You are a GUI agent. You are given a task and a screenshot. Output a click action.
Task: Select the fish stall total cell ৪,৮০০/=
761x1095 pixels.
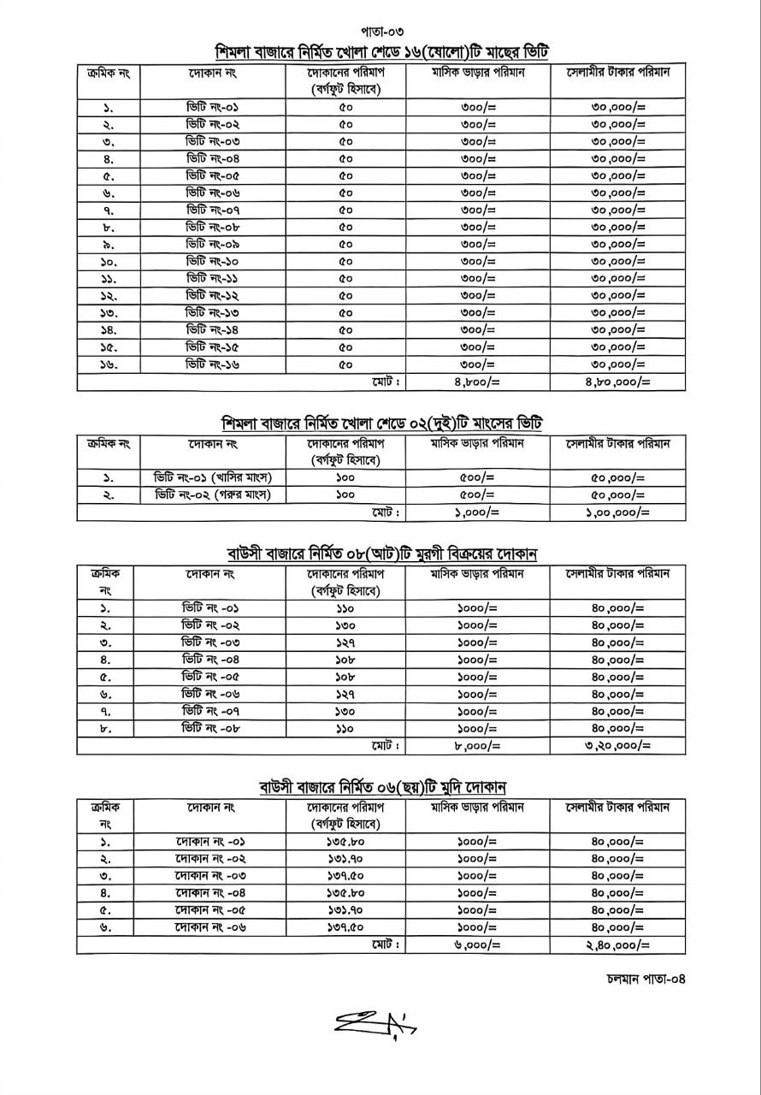[x=477, y=382]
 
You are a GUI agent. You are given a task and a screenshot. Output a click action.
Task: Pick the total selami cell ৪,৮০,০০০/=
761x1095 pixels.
[x=617, y=382]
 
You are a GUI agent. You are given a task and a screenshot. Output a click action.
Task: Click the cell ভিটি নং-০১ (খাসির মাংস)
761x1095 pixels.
[x=213, y=477]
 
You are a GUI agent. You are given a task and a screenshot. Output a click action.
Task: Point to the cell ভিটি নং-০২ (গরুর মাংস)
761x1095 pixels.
[x=213, y=494]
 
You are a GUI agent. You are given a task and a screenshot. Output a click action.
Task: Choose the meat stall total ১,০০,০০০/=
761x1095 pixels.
[x=617, y=512]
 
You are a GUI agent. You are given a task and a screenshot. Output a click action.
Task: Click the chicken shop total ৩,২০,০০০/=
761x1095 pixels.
[x=617, y=746]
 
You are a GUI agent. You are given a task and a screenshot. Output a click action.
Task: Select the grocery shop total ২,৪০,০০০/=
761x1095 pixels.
[x=617, y=944]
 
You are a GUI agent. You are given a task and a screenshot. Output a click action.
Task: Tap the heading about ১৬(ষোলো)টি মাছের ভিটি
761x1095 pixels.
[x=381, y=52]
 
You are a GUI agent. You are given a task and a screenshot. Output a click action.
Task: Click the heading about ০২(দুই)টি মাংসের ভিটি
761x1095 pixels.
[x=381, y=423]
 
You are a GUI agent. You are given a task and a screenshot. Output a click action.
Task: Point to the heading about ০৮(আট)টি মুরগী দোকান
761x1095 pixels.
[x=381, y=553]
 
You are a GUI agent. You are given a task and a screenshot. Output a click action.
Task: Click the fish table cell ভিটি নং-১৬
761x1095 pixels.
[x=213, y=364]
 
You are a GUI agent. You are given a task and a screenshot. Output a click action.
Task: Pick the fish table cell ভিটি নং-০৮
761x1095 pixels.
[x=213, y=227]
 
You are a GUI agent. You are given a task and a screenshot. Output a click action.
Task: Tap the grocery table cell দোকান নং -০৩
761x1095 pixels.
[x=210, y=876]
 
